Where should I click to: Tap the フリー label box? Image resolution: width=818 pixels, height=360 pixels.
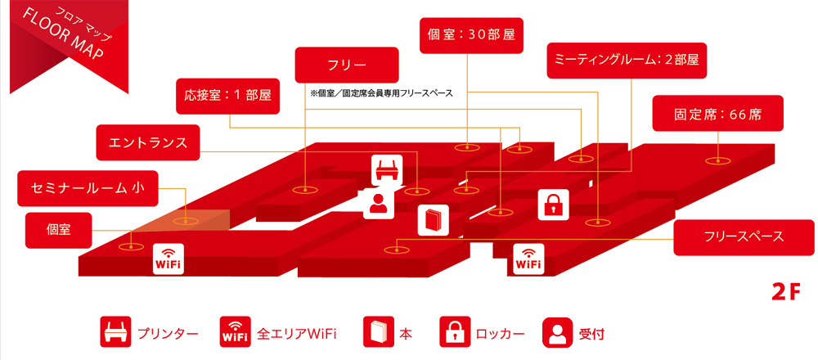tap(347, 65)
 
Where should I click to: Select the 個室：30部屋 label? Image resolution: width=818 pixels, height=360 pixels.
tap(470, 36)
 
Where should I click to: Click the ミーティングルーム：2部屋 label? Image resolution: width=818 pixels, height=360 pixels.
tap(627, 61)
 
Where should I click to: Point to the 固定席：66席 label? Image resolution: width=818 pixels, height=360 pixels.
tap(717, 114)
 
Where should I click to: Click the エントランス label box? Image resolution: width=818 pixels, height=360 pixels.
tap(148, 142)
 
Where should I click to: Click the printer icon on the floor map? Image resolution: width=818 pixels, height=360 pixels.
tap(387, 170)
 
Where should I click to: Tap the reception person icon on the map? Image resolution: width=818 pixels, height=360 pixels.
tap(378, 204)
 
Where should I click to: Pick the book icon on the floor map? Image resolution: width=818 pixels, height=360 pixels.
tap(433, 220)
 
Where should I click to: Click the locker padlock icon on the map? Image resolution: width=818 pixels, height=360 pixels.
tap(553, 204)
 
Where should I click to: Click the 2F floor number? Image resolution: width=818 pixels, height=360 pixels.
tap(784, 291)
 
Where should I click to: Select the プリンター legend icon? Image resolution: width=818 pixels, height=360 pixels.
tap(114, 333)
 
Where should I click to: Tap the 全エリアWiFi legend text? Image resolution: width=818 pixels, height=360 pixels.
tap(297, 334)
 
